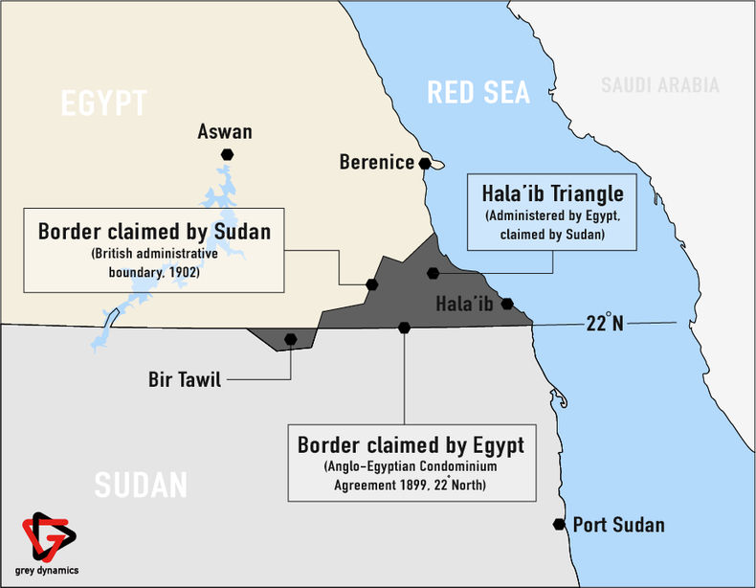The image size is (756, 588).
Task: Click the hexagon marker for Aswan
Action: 227,154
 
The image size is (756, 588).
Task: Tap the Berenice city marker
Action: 424,164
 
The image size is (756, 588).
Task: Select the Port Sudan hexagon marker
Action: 558,524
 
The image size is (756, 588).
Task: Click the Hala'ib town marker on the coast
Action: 507,304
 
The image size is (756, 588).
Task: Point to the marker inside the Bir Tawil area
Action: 290,338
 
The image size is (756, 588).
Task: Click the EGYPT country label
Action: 103,103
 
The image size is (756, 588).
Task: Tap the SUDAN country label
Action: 141,485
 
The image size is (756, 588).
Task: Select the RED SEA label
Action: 478,93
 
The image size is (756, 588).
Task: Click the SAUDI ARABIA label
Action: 659,85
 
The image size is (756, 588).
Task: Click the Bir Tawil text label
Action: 185,380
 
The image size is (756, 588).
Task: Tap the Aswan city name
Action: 225,131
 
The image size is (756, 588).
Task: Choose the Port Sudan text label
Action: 618,525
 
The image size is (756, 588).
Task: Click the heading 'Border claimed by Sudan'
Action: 154,232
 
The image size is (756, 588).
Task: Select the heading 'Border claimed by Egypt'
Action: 411,445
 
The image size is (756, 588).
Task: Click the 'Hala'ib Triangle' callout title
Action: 552,192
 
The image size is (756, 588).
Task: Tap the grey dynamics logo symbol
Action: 48,537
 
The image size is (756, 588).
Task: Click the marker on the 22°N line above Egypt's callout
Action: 404,328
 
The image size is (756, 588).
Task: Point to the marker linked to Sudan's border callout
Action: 372,284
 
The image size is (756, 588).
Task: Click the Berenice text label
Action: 376,163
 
